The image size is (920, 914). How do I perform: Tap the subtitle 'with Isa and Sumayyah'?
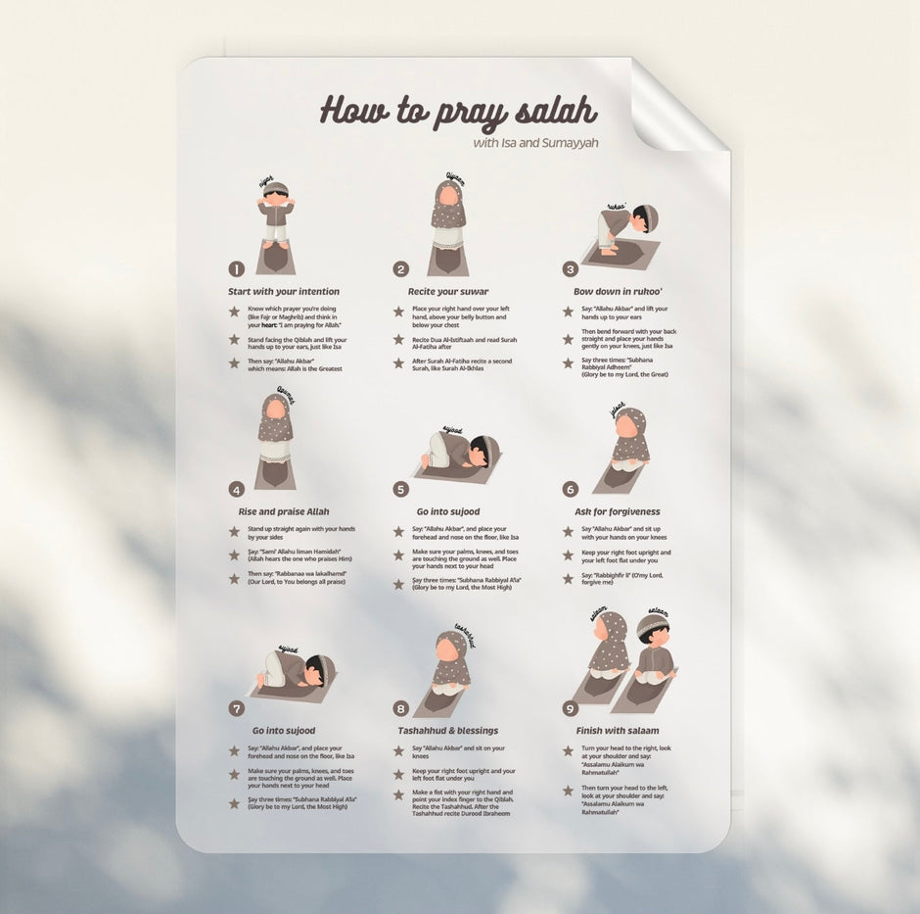pyautogui.click(x=535, y=143)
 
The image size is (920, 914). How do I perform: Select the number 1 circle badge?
pyautogui.click(x=236, y=268)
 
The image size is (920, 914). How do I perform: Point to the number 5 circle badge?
pyautogui.click(x=400, y=489)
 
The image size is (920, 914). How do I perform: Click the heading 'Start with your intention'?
pyautogui.click(x=284, y=292)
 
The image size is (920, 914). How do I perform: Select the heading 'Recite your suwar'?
pyautogui.click(x=448, y=292)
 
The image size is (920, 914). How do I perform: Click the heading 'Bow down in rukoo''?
pyautogui.click(x=619, y=292)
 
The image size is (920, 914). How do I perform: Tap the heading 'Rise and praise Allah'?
pyautogui.click(x=284, y=511)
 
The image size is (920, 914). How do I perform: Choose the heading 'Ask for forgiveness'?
pyautogui.click(x=618, y=511)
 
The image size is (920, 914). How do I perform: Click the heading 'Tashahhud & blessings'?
pyautogui.click(x=447, y=731)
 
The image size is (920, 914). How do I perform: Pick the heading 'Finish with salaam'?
pyautogui.click(x=618, y=731)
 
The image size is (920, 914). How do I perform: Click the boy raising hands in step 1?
pyautogui.click(x=276, y=216)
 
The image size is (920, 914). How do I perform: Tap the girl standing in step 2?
pyautogui.click(x=448, y=217)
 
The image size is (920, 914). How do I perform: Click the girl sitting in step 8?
pyautogui.click(x=450, y=666)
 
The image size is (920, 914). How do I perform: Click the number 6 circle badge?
pyautogui.click(x=570, y=489)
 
